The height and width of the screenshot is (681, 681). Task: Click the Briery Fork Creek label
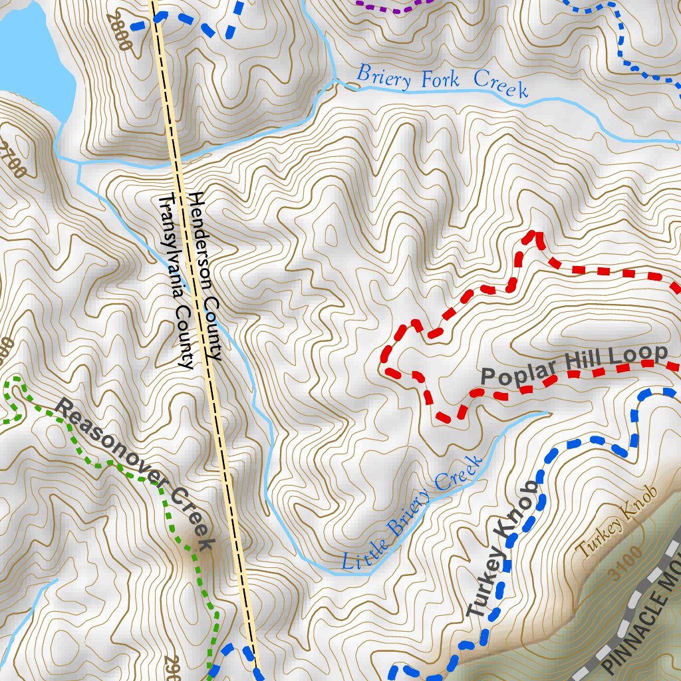pyautogui.click(x=442, y=81)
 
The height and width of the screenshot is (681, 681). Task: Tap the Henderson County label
pyautogui.click(x=204, y=277)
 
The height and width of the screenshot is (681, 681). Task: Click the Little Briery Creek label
pyautogui.click(x=412, y=513)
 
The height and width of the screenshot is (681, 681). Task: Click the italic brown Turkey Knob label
pyautogui.click(x=616, y=521)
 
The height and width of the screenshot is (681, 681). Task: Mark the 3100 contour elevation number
pyautogui.click(x=628, y=564)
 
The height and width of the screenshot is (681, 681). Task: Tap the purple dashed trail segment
pyautogui.click(x=392, y=7)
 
